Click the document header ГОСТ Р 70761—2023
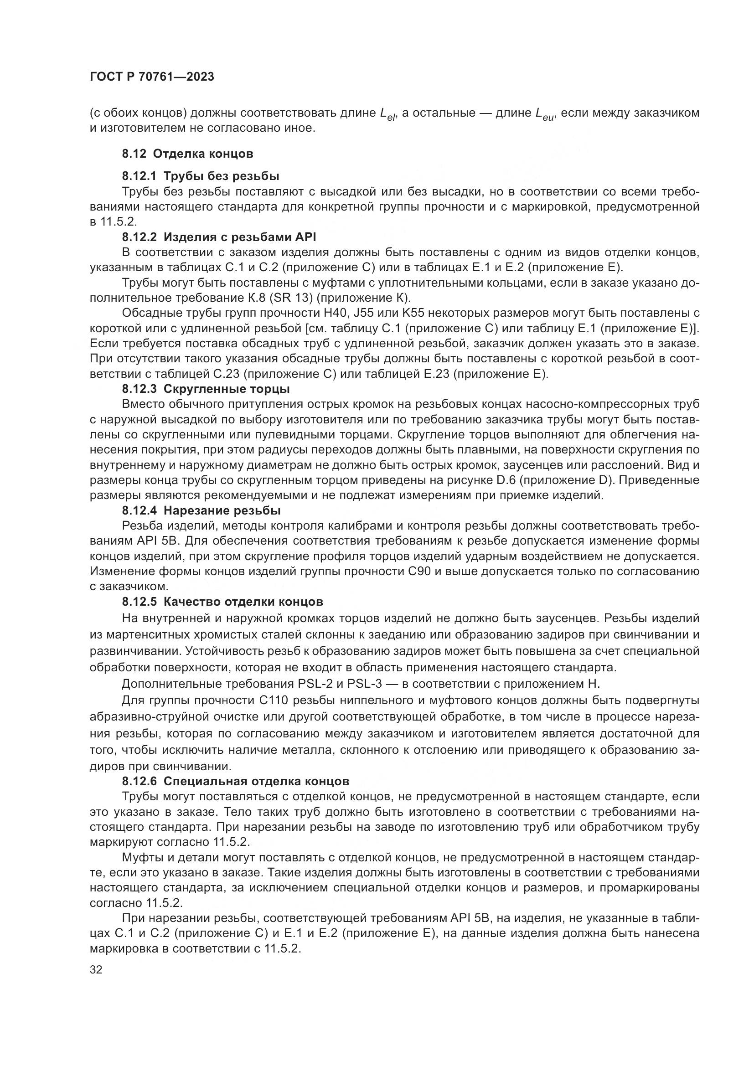[152, 77]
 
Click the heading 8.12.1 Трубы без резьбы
[201, 176]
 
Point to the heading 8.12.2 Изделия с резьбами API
[219, 237]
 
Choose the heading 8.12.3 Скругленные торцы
[206, 389]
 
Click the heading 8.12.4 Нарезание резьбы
[201, 511]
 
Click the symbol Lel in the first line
[387, 114]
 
